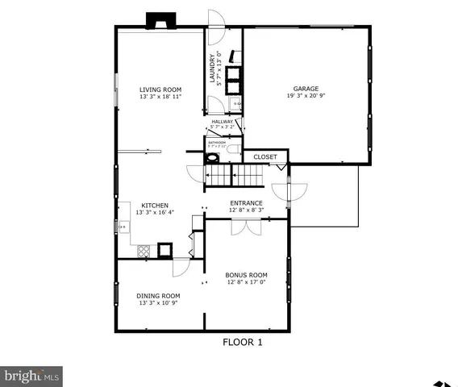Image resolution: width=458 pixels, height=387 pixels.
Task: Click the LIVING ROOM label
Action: point(160,89)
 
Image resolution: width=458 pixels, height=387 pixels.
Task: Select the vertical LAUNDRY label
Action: point(214,69)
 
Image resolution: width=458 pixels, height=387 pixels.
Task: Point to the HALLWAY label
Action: point(223,122)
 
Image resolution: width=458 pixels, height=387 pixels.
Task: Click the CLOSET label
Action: point(265,157)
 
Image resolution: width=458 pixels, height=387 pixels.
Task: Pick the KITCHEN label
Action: point(155,205)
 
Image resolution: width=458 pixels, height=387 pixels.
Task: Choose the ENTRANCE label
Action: point(246,203)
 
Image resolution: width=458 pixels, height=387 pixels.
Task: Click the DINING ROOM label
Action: point(158,296)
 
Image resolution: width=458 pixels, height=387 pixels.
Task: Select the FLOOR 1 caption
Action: point(243,342)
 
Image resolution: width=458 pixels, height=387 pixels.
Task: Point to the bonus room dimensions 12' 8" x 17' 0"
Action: point(246,283)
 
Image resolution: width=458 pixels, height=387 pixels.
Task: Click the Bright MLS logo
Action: point(32,376)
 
